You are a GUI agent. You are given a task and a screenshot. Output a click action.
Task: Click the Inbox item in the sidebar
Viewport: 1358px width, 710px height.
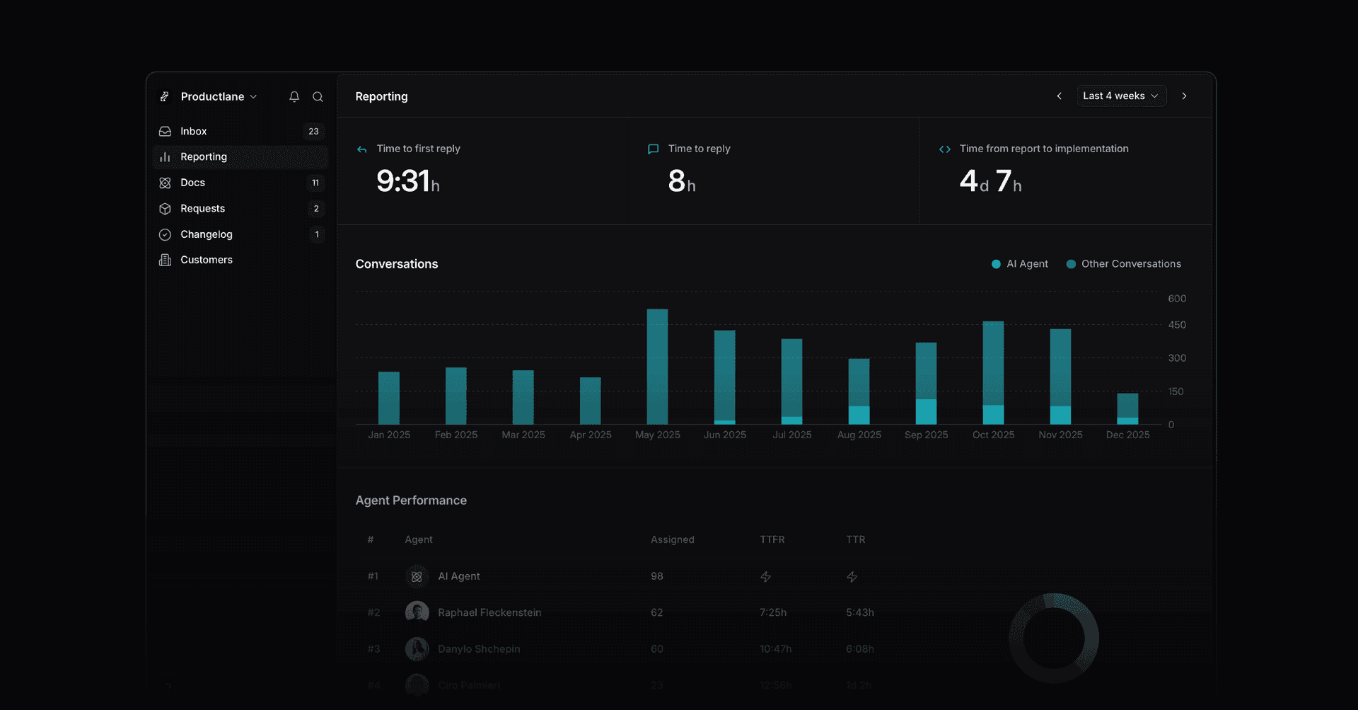[193, 131]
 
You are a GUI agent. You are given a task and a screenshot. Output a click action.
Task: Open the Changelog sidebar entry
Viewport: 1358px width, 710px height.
[206, 234]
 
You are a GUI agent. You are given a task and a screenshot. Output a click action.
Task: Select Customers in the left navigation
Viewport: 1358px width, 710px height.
[206, 260]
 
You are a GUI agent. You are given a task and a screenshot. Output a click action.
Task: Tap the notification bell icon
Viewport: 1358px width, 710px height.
[294, 96]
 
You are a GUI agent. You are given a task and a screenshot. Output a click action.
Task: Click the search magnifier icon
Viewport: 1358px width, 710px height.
[318, 96]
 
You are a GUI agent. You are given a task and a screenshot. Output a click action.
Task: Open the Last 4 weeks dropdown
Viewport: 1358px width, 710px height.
[1120, 96]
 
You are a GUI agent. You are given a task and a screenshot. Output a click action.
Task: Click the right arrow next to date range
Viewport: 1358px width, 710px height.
[1184, 96]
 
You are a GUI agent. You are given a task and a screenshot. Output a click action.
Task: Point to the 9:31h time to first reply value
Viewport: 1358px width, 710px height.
[407, 181]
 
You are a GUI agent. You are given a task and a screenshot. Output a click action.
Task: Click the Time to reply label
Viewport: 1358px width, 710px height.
[699, 149]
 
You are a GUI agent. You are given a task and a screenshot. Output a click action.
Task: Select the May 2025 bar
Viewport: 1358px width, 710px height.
[657, 367]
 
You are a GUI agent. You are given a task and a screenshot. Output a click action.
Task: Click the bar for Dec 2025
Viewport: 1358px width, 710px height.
[1127, 408]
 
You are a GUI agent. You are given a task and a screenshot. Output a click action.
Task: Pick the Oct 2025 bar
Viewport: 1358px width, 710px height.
[993, 372]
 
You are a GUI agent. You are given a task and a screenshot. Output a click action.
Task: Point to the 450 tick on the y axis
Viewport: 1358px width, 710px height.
[1177, 325]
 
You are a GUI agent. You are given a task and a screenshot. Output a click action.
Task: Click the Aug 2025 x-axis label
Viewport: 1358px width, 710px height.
[859, 435]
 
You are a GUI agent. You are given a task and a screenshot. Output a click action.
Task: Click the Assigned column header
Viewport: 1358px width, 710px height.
[672, 539]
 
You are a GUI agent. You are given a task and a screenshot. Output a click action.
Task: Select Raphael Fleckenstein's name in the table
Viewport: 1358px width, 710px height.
[489, 612]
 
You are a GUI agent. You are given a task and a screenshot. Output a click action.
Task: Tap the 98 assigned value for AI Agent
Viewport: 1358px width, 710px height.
[657, 576]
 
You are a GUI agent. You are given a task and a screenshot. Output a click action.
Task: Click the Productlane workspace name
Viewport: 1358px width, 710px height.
[212, 96]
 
